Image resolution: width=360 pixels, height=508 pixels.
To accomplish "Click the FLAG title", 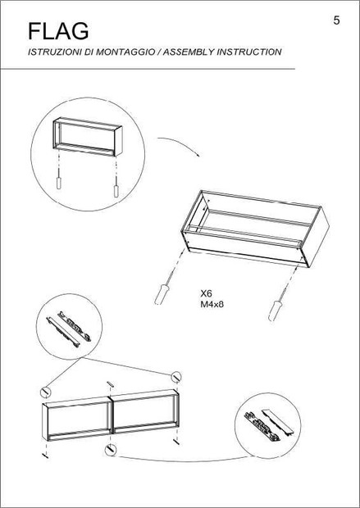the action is [58, 31].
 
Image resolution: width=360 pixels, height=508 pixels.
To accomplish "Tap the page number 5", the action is [337, 20].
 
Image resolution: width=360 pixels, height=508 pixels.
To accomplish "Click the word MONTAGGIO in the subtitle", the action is [125, 52].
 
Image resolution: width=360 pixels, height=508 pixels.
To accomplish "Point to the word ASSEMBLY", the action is [188, 52].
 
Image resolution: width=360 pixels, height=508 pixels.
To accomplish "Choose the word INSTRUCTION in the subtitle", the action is [248, 52].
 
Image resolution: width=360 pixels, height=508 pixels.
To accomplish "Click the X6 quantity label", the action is [206, 294].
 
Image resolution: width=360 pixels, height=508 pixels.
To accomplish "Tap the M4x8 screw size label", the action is [212, 305].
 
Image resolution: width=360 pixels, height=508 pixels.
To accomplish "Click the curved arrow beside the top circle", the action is [179, 144].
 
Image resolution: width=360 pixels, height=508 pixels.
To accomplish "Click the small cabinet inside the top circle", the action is [88, 137].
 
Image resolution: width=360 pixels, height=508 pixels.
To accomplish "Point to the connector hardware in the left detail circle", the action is [69, 329].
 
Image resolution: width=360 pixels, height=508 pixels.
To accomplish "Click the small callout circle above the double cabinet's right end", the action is [176, 377].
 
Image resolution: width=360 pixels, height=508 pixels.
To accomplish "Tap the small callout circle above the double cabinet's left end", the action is [45, 392].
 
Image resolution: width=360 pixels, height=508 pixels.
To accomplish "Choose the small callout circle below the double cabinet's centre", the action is [110, 450].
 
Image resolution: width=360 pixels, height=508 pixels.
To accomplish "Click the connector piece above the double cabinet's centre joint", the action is [111, 383].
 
